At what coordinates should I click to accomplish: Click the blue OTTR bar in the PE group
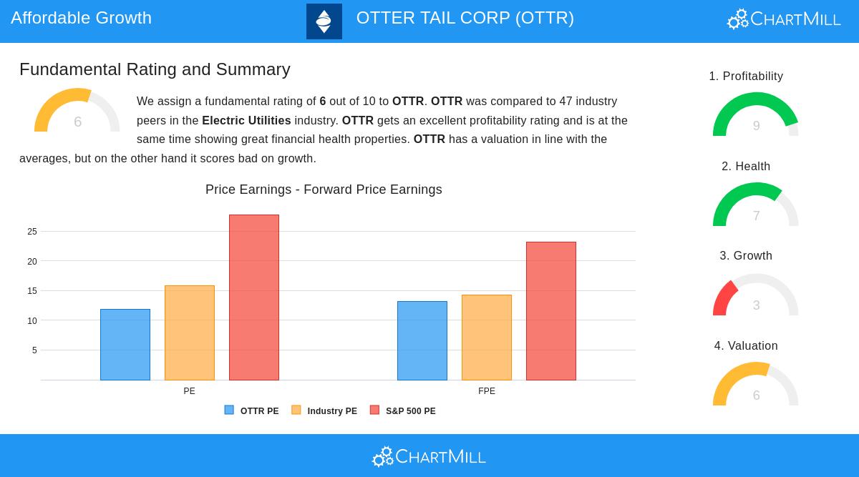point(125,345)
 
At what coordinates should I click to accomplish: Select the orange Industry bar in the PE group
point(190,333)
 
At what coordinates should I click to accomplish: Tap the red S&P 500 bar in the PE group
point(254,297)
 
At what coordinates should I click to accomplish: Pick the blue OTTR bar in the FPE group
point(422,340)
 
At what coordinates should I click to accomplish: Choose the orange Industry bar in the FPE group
point(487,338)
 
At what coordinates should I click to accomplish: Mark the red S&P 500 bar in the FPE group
point(551,311)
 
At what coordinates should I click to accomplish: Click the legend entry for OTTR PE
point(252,410)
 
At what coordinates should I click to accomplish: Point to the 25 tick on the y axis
point(32,232)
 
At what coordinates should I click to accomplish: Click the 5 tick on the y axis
point(34,350)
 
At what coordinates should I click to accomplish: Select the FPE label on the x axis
point(487,391)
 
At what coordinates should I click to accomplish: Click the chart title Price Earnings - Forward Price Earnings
point(324,190)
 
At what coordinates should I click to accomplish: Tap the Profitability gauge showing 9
point(756,116)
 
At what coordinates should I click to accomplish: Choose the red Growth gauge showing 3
point(756,296)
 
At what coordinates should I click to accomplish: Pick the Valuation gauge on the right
point(756,386)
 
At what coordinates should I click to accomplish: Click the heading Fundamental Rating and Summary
point(155,69)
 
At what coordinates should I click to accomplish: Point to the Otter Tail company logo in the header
point(324,21)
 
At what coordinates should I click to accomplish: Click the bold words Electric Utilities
point(246,120)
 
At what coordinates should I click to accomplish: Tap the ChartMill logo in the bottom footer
point(429,456)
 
